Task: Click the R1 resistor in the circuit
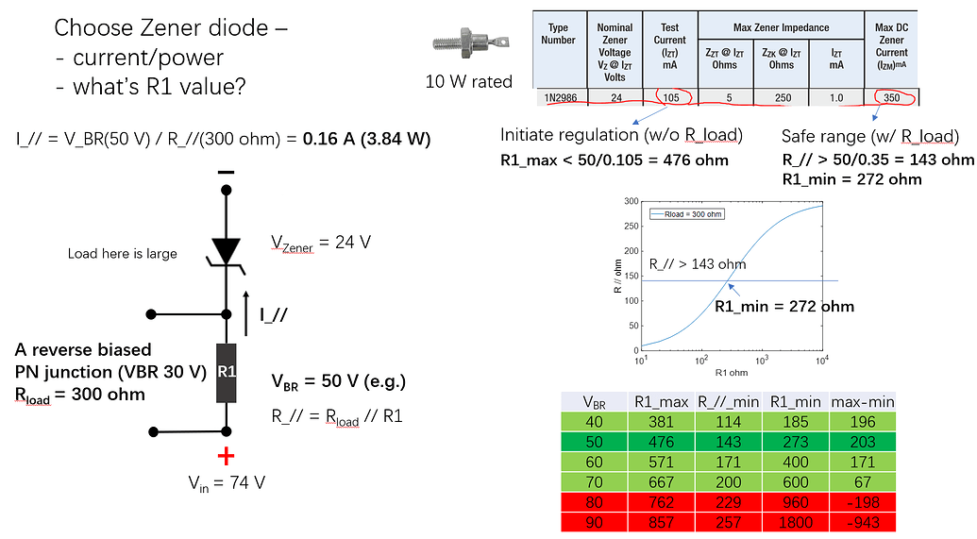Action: pos(226,373)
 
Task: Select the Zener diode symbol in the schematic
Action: pos(226,253)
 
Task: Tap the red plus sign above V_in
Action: pos(226,457)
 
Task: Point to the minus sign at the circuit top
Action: pos(226,173)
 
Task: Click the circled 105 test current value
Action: pos(670,96)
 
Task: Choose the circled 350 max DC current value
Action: pos(892,96)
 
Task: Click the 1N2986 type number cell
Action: pos(559,96)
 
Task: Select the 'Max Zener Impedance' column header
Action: pos(781,27)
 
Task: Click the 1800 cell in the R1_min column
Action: pos(790,522)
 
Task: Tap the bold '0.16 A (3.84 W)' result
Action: pos(367,139)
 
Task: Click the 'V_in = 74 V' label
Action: pos(226,481)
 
